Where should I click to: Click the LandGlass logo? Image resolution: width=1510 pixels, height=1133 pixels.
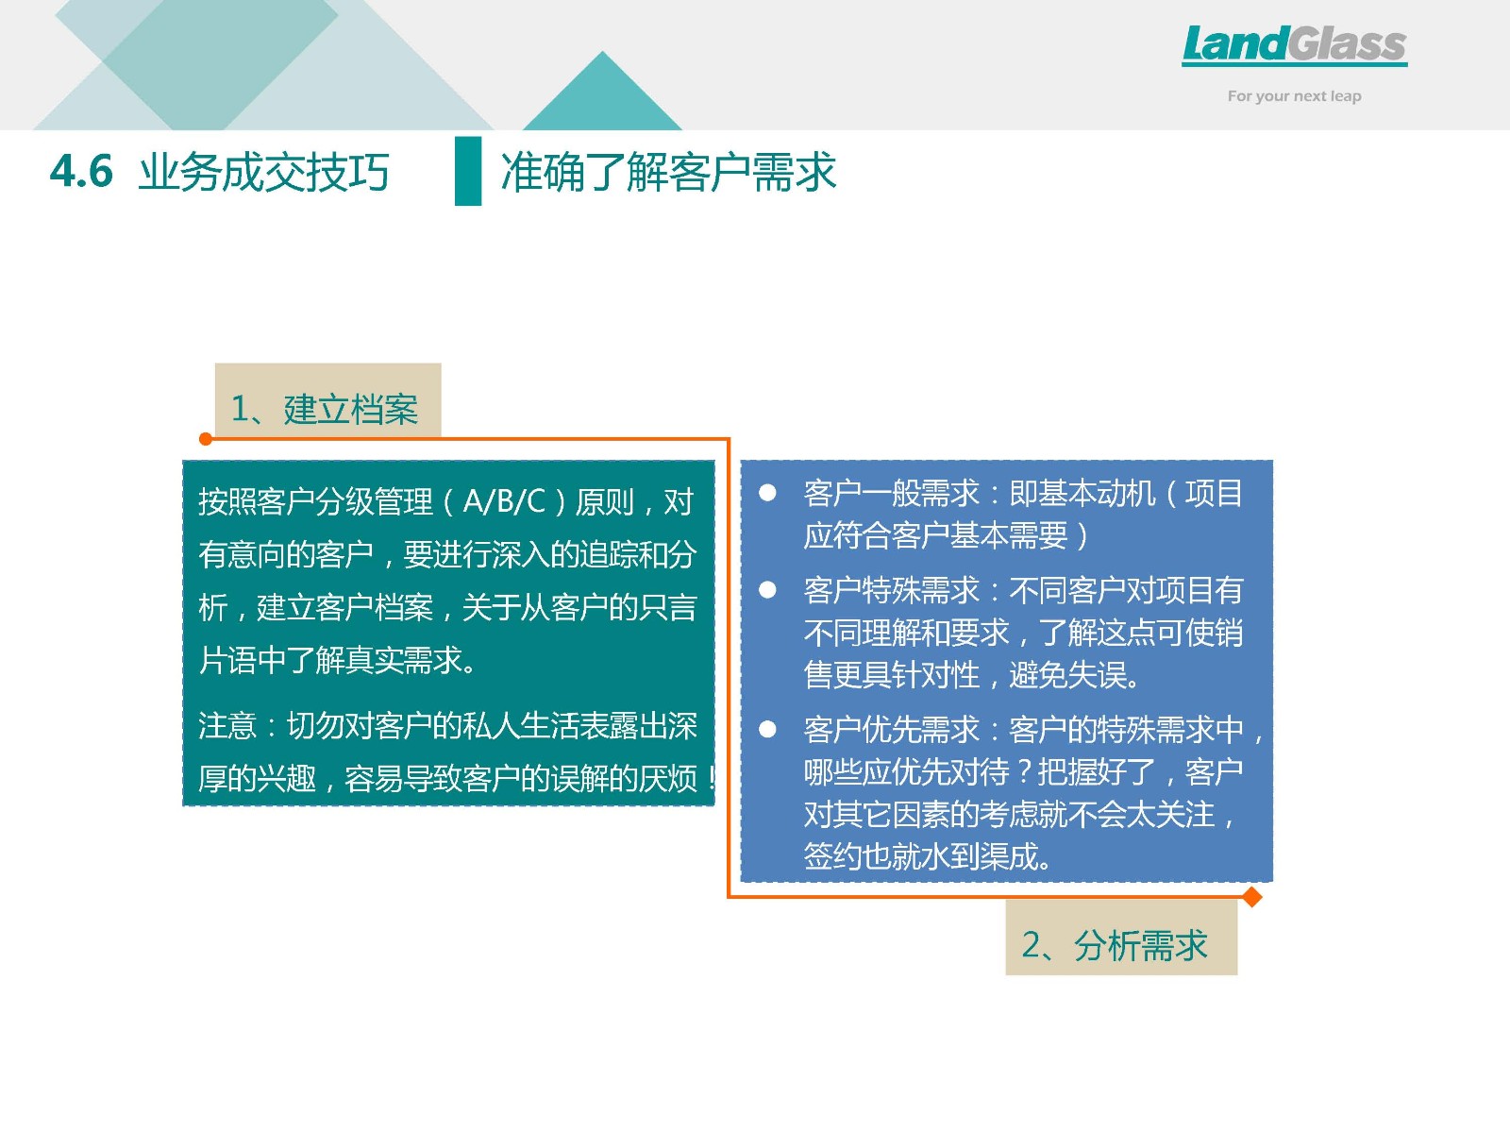point(1294,45)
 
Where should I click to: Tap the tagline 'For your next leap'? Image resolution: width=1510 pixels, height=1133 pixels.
point(1294,96)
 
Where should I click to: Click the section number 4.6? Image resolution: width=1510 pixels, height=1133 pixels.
point(81,171)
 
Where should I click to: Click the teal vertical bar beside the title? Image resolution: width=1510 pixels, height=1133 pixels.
point(468,171)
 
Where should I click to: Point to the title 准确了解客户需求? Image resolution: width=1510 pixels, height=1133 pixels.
point(668,171)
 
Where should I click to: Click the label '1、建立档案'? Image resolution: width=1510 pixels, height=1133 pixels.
point(325,410)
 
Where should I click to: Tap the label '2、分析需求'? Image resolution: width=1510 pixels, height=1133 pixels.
point(1115,945)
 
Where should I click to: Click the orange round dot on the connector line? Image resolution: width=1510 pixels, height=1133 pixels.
point(205,439)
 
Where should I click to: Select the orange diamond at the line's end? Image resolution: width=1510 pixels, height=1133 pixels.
point(1252,897)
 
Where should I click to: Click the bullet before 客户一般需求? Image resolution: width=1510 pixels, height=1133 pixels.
point(767,493)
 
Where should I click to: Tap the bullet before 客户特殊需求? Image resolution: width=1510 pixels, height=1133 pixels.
point(767,589)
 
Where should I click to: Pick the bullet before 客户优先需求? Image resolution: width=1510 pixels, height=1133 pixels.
point(767,729)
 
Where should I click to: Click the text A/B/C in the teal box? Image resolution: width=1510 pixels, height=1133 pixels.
point(504,501)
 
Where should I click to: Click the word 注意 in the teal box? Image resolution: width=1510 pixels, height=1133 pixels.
point(227,726)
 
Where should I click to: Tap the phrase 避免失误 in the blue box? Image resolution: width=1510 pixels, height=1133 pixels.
point(1067,675)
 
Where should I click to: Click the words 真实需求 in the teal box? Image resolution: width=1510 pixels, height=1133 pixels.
point(403,660)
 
